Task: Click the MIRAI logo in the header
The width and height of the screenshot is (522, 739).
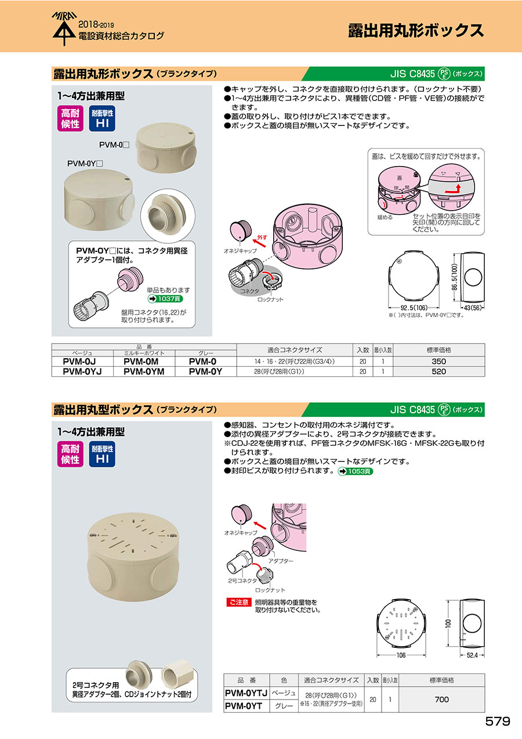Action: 64,28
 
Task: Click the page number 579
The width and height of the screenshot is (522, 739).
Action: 497,721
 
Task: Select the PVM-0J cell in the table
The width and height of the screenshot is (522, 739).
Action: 79,362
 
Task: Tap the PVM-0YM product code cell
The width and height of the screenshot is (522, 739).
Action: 144,372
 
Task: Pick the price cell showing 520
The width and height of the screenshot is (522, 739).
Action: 438,372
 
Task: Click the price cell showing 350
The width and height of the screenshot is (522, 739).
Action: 438,362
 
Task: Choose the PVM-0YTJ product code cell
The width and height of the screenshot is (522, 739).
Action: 246,693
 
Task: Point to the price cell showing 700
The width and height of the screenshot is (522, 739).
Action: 441,700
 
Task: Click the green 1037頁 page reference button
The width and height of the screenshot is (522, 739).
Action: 165,299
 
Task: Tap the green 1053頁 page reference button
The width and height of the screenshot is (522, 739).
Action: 356,471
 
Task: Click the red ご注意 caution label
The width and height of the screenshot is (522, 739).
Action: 239,602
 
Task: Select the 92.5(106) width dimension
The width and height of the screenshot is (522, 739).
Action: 414,308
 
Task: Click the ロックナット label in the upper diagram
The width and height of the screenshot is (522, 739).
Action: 270,300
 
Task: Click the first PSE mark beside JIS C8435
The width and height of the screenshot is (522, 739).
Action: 444,74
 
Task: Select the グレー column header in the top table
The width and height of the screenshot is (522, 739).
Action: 206,353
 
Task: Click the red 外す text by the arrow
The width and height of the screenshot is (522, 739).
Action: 262,237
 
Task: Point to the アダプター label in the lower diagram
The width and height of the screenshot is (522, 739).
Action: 281,561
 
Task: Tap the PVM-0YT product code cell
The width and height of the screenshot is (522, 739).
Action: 244,706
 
